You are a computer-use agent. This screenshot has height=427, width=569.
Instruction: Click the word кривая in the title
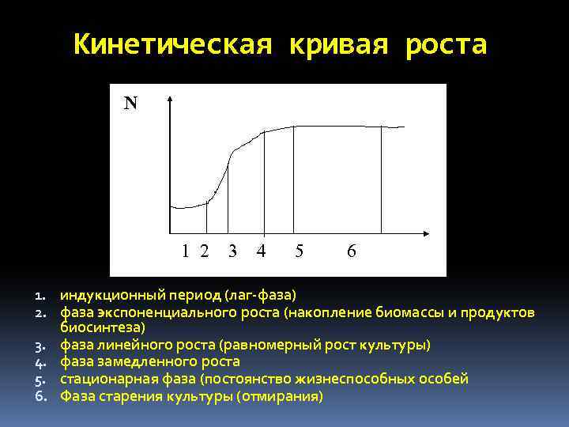tap(333, 45)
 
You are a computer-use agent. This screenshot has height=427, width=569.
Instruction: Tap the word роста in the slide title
tap(447, 45)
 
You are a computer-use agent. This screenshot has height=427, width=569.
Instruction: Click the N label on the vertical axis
tap(130, 104)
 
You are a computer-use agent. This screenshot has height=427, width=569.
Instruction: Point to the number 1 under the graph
tap(185, 251)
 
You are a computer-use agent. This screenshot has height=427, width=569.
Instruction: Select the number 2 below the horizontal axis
tap(205, 251)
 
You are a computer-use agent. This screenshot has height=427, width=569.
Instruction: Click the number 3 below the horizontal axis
tap(232, 251)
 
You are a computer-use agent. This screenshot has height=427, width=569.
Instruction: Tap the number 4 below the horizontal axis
tap(261, 251)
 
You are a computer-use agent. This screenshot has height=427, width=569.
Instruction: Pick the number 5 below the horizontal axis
tap(300, 251)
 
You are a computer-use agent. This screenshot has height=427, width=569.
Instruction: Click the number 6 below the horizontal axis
tap(352, 251)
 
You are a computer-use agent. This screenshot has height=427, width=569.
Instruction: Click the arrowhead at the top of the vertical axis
tap(170, 99)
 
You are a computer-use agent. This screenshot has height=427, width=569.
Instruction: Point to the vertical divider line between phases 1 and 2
tap(207, 217)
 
